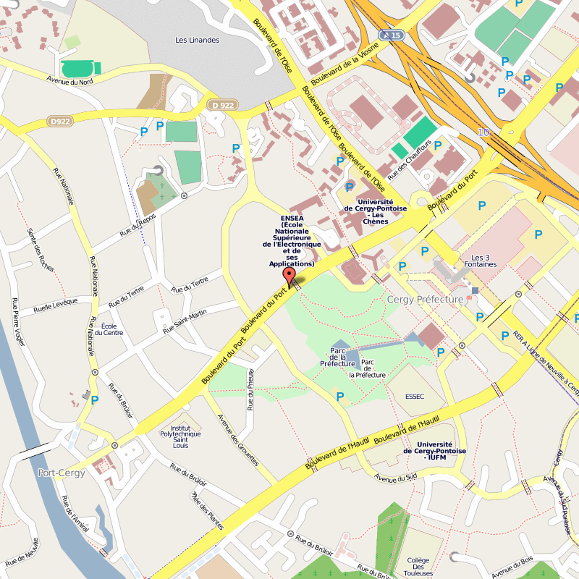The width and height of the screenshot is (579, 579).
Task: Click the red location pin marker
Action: pos(289,277)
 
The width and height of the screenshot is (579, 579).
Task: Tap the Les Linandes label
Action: pos(197,40)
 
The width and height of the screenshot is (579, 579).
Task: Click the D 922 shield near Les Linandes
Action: pos(223,106)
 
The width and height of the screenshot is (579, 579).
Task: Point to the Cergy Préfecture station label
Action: pos(425,299)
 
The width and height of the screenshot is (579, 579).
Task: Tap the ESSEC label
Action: pos(415,396)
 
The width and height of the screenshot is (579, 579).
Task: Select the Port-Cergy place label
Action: pos(61,473)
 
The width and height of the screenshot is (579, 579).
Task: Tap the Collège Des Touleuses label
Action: pos(418,567)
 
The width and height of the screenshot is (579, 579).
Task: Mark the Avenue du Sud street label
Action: pos(397,478)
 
